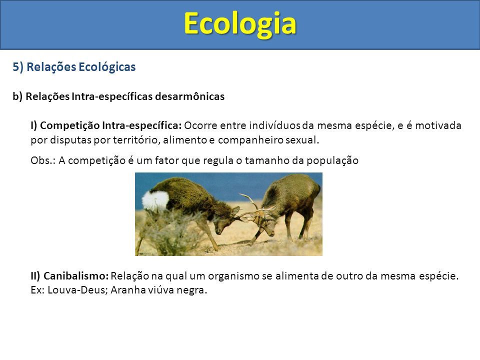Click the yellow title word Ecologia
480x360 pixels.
pos(240,24)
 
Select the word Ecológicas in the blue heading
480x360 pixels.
pos(107,67)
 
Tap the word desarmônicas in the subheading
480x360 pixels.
pos(190,96)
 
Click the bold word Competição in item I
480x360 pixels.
pos(70,125)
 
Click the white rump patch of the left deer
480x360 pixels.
pos(156,201)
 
